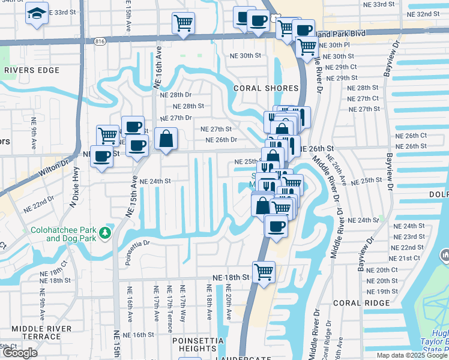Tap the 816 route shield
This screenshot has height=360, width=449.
(100, 41)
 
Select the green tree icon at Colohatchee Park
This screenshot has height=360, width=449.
(106, 232)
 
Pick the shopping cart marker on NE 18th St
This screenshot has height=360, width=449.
(264, 271)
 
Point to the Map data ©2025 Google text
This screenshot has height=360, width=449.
(412, 355)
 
